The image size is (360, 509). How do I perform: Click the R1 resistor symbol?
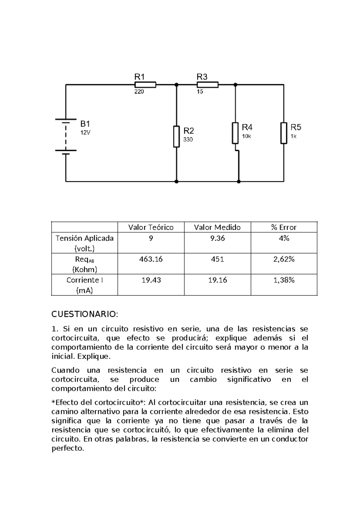pyautogui.click(x=145, y=85)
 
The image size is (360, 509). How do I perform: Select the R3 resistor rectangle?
pyautogui.click(x=208, y=85)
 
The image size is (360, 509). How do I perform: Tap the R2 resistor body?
pyautogui.click(x=176, y=136)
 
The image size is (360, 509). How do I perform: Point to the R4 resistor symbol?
pyautogui.click(x=235, y=133)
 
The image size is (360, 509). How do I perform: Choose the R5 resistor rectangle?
pyautogui.click(x=283, y=133)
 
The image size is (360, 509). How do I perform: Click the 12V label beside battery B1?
pyautogui.click(x=85, y=132)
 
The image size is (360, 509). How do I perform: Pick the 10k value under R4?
pyautogui.click(x=246, y=136)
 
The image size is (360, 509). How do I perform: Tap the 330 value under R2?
pyautogui.click(x=188, y=140)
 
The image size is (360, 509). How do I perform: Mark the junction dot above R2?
pyautogui.click(x=176, y=85)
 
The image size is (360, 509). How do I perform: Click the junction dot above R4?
pyautogui.click(x=235, y=85)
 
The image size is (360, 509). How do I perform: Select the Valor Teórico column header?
pyautogui.click(x=151, y=227)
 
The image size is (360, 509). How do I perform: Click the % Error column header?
pyautogui.click(x=284, y=227)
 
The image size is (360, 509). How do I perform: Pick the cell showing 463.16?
pyautogui.click(x=151, y=259)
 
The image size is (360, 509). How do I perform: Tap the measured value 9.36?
pyautogui.click(x=217, y=238)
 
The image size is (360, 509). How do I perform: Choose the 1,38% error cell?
pyautogui.click(x=284, y=280)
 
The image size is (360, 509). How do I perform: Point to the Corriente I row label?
pyautogui.click(x=85, y=280)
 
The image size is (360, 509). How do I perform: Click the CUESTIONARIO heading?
pyautogui.click(x=85, y=314)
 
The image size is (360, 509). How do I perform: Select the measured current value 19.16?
pyautogui.click(x=217, y=280)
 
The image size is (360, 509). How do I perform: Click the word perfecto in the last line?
pyautogui.click(x=67, y=448)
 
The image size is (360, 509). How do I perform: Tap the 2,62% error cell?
pyautogui.click(x=284, y=259)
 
